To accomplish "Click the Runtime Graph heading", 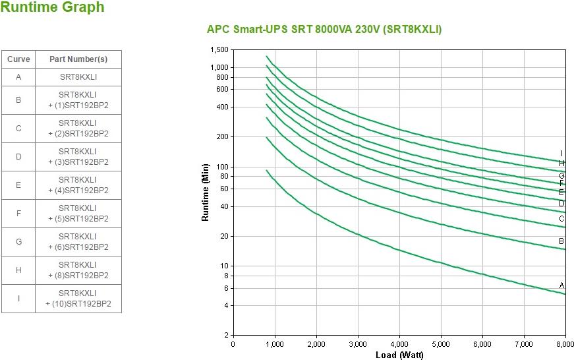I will [x=52, y=8].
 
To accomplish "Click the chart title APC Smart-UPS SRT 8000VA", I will [x=324, y=30].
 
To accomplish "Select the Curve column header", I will [x=18, y=59].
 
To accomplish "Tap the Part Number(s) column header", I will [x=78, y=59].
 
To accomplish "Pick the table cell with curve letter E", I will [x=18, y=185].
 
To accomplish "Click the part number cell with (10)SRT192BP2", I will [x=78, y=299].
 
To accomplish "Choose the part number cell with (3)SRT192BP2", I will [x=78, y=157].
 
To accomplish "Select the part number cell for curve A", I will [x=78, y=77].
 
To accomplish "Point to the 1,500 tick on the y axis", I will [x=219, y=50].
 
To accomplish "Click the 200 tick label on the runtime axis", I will [x=222, y=137].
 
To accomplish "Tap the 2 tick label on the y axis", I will [x=225, y=336].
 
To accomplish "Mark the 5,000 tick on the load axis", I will [x=441, y=344].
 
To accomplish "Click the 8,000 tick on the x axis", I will [x=565, y=344].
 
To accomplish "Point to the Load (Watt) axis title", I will [x=399, y=355].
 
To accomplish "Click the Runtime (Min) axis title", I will [x=206, y=193].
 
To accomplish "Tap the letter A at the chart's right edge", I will [x=562, y=285].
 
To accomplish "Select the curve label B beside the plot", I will [x=562, y=241].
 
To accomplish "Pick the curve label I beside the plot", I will [x=562, y=154].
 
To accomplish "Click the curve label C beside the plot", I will [x=562, y=219].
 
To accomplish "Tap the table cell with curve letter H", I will [x=18, y=270].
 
